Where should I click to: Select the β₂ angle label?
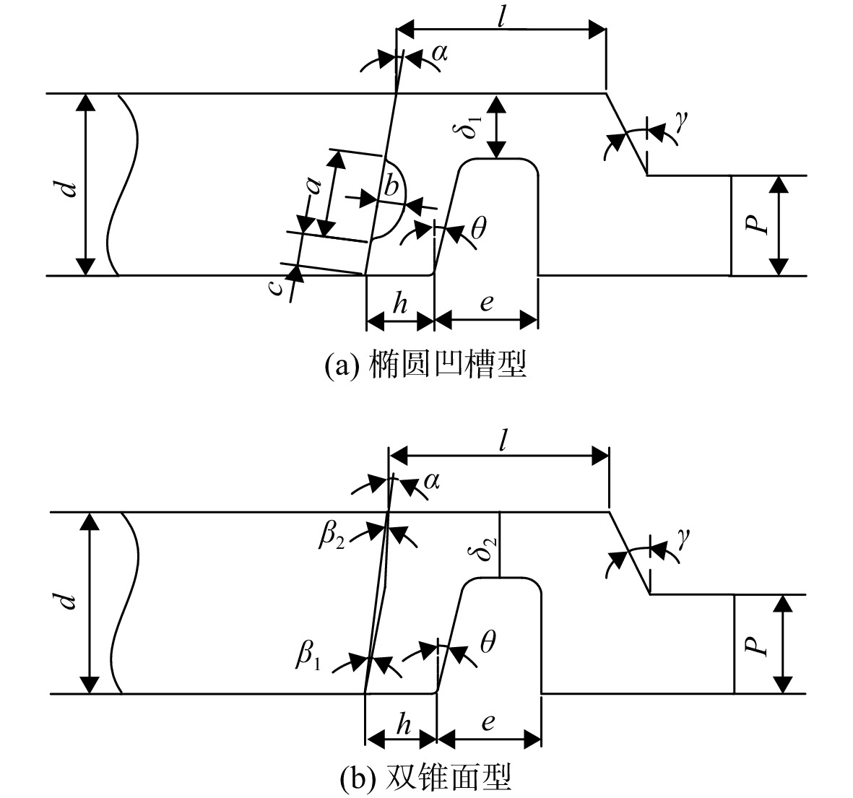point(332,537)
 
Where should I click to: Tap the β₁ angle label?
point(308,655)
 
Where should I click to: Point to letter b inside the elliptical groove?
point(391,186)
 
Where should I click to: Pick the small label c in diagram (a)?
point(277,287)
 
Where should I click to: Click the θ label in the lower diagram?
point(488,642)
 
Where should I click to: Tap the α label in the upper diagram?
point(440,53)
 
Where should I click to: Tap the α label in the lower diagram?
point(431,481)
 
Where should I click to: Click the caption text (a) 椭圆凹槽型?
point(426,364)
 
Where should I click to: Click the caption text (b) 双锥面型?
point(426,777)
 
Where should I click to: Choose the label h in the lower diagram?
point(403,724)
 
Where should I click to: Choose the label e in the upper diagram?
point(487,303)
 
